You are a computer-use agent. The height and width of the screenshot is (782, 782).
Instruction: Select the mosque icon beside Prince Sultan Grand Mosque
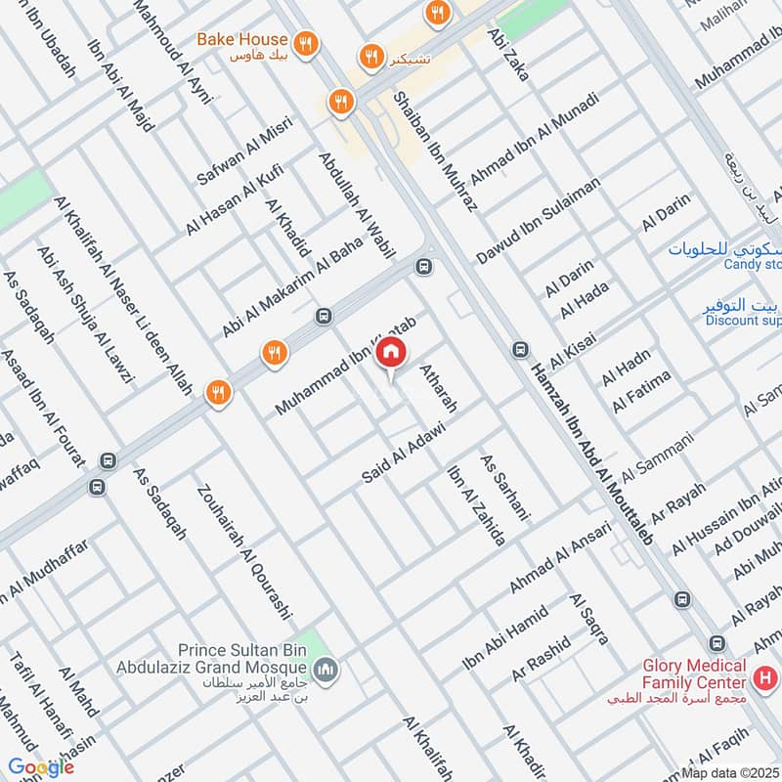pos(329,670)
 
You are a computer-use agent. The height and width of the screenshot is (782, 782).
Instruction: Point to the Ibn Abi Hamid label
pos(505,637)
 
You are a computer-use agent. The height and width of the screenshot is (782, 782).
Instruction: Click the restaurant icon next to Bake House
pos(306,44)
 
